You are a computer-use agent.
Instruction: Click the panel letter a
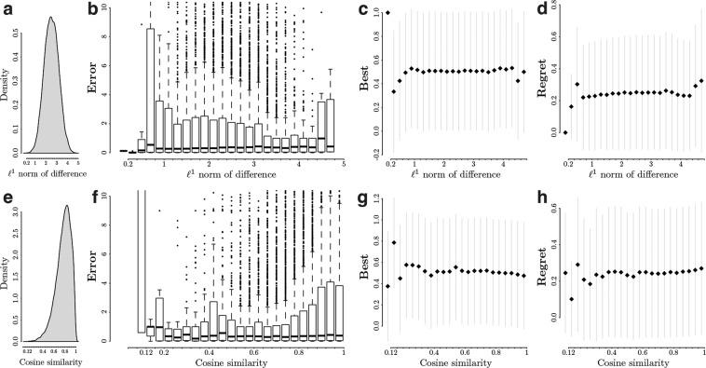click(x=7, y=9)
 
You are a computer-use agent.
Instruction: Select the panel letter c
click(x=362, y=9)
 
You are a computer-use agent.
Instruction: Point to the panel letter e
click(x=7, y=198)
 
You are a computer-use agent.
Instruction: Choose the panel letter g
click(x=362, y=198)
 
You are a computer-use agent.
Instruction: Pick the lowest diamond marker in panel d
click(x=565, y=133)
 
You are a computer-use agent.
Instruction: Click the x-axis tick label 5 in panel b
click(x=343, y=164)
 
